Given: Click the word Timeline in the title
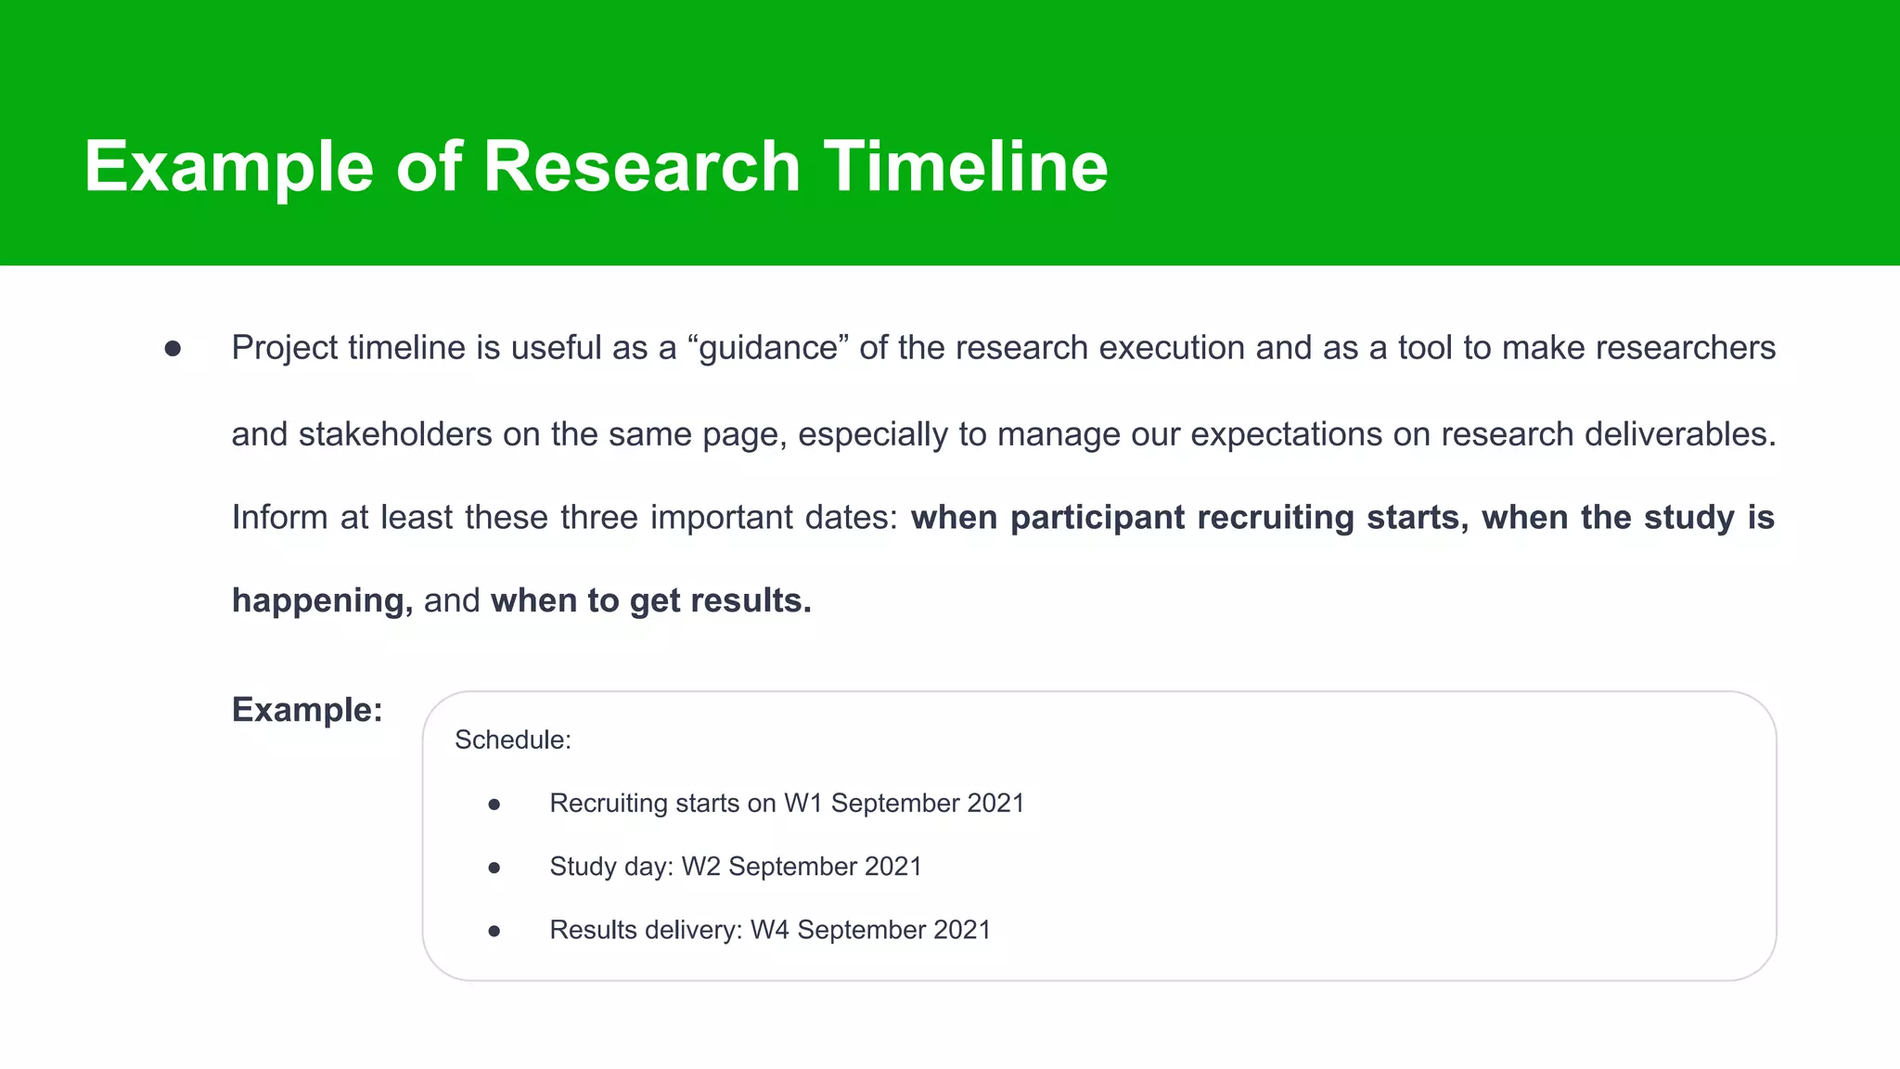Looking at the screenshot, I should click(x=966, y=167).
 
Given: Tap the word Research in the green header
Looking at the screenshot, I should click(x=641, y=167).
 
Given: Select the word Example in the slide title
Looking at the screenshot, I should click(x=228, y=167).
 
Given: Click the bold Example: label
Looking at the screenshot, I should click(x=307, y=710).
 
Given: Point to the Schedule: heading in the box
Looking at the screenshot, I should click(x=512, y=741).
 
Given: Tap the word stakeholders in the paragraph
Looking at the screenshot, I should click(x=395, y=434).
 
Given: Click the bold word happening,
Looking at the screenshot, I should click(x=322, y=601).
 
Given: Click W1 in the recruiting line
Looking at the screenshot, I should click(x=802, y=804).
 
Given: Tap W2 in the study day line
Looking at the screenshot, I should click(x=700, y=867).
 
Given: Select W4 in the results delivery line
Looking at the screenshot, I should click(x=769, y=930).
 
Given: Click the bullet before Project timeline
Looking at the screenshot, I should click(x=173, y=349).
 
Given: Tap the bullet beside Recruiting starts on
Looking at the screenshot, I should click(x=494, y=805).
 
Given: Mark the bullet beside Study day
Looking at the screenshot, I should click(x=494, y=868).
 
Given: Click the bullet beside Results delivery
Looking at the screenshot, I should click(x=494, y=931).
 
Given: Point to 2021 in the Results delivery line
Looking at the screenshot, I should click(x=962, y=930).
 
